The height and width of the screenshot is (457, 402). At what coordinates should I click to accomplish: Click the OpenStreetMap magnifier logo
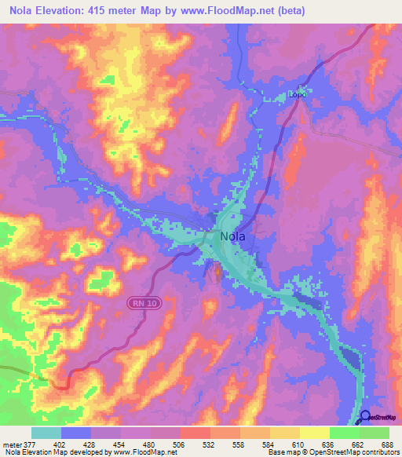click(x=365, y=417)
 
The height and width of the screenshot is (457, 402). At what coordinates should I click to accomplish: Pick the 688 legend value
click(x=385, y=444)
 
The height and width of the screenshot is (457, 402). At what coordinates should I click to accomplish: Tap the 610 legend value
click(x=295, y=444)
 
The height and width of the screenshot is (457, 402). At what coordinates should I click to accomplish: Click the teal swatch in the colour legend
click(x=46, y=433)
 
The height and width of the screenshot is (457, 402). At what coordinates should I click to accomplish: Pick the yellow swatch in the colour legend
click(x=314, y=433)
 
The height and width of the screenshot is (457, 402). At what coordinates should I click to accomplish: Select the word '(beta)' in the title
click(x=287, y=11)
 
